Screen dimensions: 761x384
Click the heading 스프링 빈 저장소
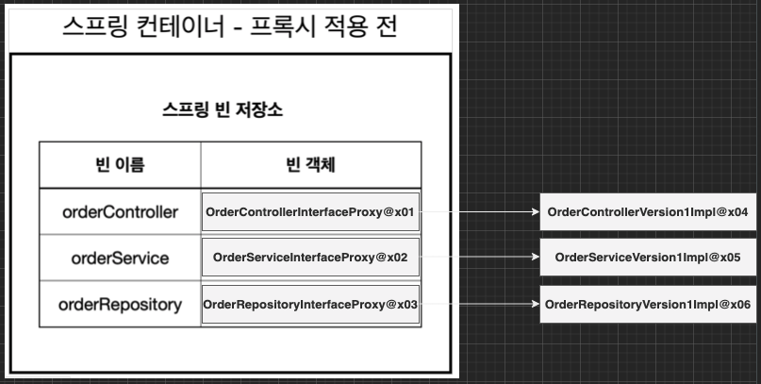pyautogui.click(x=223, y=109)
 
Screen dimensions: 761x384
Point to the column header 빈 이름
pyautogui.click(x=120, y=165)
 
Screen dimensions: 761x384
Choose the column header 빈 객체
pyautogui.click(x=310, y=165)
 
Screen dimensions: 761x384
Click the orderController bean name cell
pyautogui.click(x=120, y=212)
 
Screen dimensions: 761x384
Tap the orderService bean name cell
pyautogui.click(x=120, y=258)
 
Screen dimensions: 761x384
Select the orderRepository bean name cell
pyautogui.click(x=120, y=304)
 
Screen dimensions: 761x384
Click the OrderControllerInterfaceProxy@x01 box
pyautogui.click(x=310, y=212)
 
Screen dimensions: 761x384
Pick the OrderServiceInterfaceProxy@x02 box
pyautogui.click(x=310, y=258)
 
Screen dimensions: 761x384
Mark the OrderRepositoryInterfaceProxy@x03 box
pyautogui.click(x=310, y=304)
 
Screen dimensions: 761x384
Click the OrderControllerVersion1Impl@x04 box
pyautogui.click(x=648, y=212)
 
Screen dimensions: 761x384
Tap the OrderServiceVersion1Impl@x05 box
pyautogui.click(x=648, y=258)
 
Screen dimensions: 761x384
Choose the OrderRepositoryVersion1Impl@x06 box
pyautogui.click(x=648, y=304)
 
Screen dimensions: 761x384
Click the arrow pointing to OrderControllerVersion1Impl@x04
pyautogui.click(x=479, y=212)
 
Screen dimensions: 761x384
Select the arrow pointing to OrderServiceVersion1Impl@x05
pyautogui.click(x=479, y=258)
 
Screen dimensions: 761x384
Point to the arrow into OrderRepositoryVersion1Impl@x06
pyautogui.click(x=479, y=304)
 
